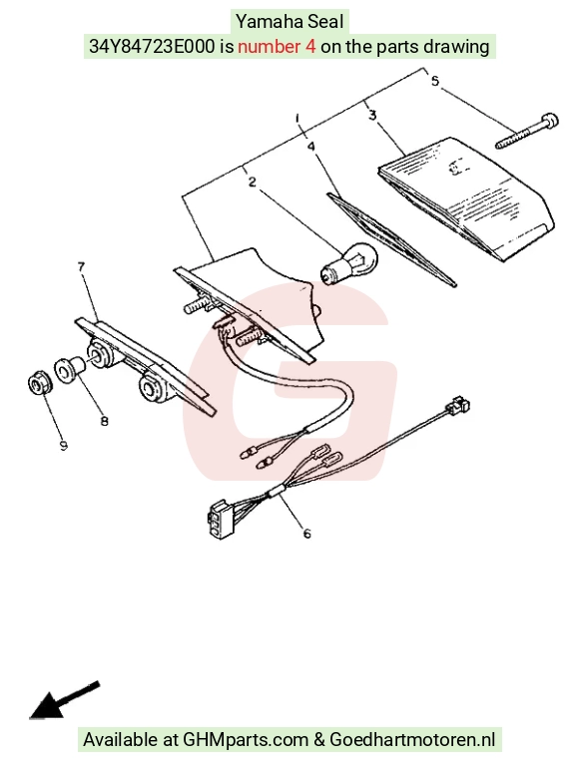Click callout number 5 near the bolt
[x=434, y=81]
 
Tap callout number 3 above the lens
[x=372, y=115]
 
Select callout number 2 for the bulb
[x=253, y=182]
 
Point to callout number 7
[x=81, y=266]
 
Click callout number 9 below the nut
[x=64, y=446]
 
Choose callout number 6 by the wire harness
[x=306, y=534]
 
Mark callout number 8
[x=105, y=421]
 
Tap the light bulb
[x=348, y=262]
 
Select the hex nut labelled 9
[x=37, y=384]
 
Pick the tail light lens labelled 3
[x=466, y=198]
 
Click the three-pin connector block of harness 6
[x=220, y=519]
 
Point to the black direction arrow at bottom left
[x=64, y=700]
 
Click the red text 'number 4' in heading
[x=277, y=47]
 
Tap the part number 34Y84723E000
[x=152, y=47]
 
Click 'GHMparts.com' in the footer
[x=245, y=740]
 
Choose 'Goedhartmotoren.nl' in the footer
[x=412, y=740]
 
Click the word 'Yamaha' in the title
[x=270, y=22]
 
